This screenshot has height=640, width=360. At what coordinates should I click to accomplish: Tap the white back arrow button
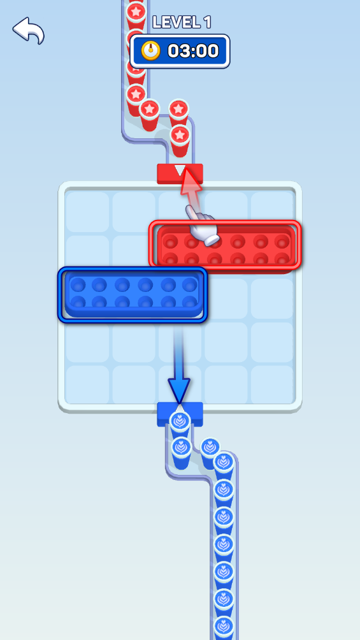28,30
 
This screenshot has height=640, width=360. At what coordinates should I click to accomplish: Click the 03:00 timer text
193,51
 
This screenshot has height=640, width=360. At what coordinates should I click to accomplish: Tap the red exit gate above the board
180,173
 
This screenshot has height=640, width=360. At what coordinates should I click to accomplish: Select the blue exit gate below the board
180,414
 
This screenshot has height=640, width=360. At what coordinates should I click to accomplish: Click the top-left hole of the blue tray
76,284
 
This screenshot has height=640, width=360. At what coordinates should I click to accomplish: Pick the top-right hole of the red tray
282,242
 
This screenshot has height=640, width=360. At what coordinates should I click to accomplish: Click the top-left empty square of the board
87,212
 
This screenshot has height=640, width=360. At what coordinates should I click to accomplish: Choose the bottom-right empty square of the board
272,384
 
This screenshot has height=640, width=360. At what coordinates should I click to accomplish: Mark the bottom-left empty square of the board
87,384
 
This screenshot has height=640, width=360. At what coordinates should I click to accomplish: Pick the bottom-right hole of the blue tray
189,302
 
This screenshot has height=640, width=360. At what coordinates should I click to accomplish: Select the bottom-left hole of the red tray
169,259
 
